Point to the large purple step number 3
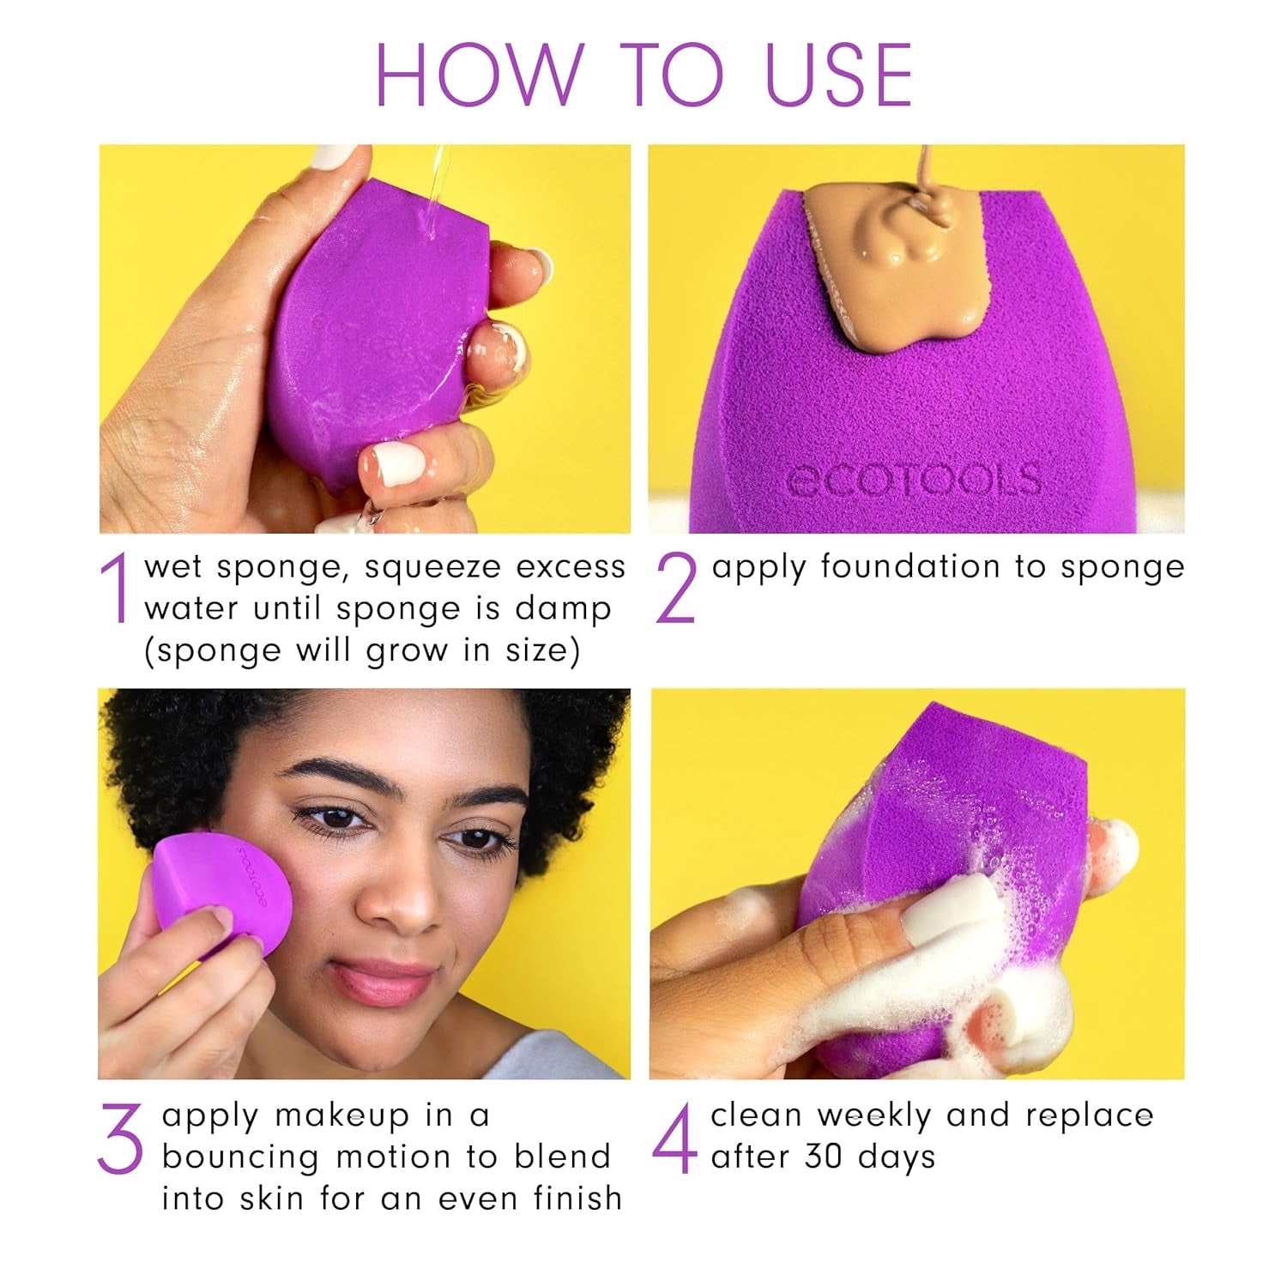120,1139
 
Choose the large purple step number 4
674,1139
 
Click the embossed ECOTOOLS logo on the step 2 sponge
914,481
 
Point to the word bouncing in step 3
240,1158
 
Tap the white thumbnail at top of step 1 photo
333,157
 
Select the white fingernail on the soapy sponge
940,909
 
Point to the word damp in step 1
563,609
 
